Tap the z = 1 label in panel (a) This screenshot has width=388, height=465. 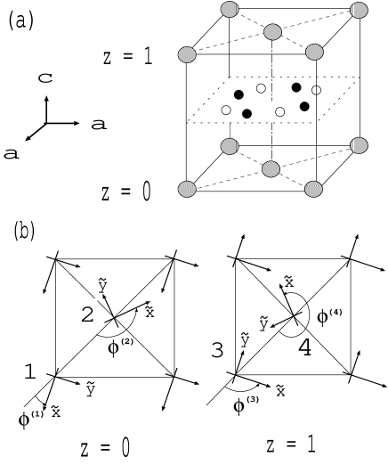(129, 57)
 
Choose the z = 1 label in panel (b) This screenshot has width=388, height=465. (292, 443)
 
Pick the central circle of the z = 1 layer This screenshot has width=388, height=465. (272, 33)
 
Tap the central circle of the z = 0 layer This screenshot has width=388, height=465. (271, 168)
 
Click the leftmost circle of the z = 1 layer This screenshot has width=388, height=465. (187, 55)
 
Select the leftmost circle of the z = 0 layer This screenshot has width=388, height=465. (187, 190)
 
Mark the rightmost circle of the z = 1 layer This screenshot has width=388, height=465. (359, 10)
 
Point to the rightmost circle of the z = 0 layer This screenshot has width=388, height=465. (359, 144)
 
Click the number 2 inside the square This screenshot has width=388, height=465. (88, 314)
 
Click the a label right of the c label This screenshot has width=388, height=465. (98, 125)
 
